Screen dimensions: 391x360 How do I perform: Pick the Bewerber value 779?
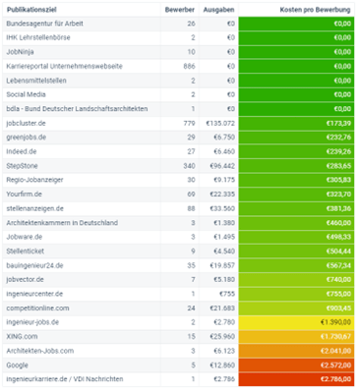(189, 123)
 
